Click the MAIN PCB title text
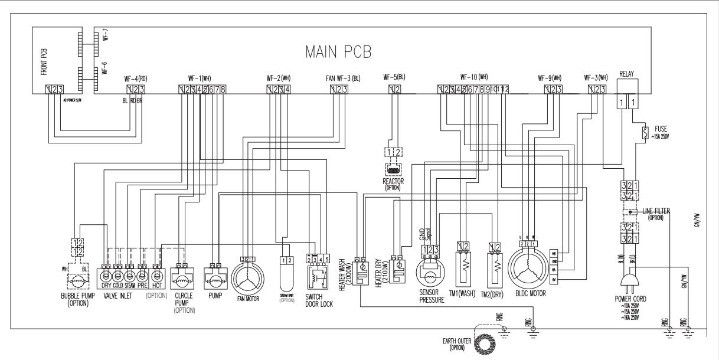click(338, 51)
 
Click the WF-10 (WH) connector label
click(474, 77)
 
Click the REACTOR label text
click(393, 182)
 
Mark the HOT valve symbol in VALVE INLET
click(157, 275)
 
